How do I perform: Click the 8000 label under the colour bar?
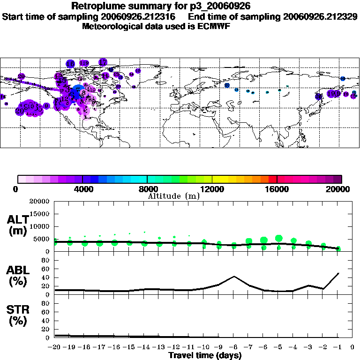pyautogui.click(x=147, y=189)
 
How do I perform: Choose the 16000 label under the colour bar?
pyautogui.click(x=277, y=189)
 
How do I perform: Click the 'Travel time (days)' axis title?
pyautogui.click(x=205, y=356)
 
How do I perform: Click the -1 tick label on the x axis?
pyautogui.click(x=338, y=347)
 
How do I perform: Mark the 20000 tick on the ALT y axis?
pyautogui.click(x=39, y=202)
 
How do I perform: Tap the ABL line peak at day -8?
pyautogui.click(x=234, y=276)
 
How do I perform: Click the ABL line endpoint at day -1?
pyautogui.click(x=338, y=273)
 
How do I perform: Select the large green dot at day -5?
pyautogui.click(x=279, y=239)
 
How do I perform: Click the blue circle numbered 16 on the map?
pyautogui.click(x=70, y=64)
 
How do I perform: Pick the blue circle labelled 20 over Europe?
pyautogui.click(x=227, y=85)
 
